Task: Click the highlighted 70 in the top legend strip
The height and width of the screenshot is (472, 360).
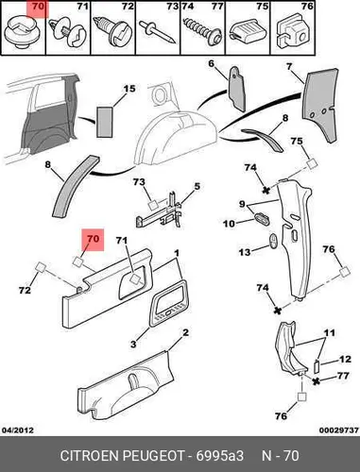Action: pyautogui.click(x=38, y=7)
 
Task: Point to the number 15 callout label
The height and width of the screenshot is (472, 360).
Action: pyautogui.click(x=129, y=89)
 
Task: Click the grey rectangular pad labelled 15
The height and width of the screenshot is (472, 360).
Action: pyautogui.click(x=105, y=122)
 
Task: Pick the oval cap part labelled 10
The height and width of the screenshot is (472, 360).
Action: pyautogui.click(x=262, y=218)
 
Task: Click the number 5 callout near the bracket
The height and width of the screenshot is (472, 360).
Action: pyautogui.click(x=197, y=186)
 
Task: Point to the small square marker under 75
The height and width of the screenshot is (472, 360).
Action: pyautogui.click(x=311, y=163)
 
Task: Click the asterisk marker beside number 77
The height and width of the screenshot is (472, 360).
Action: pyautogui.click(x=317, y=381)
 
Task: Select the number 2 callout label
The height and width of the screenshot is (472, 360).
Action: pyautogui.click(x=185, y=332)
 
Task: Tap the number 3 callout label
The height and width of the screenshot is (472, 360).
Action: pyautogui.click(x=133, y=344)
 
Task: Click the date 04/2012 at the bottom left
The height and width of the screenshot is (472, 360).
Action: pyautogui.click(x=18, y=430)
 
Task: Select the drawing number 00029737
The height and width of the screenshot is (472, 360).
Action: pyautogui.click(x=339, y=430)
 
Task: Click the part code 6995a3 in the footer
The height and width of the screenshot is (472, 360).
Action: pyautogui.click(x=220, y=456)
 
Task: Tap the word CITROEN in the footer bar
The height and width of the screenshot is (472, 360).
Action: pyautogui.click(x=89, y=456)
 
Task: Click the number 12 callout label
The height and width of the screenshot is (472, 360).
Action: pyautogui.click(x=345, y=359)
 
